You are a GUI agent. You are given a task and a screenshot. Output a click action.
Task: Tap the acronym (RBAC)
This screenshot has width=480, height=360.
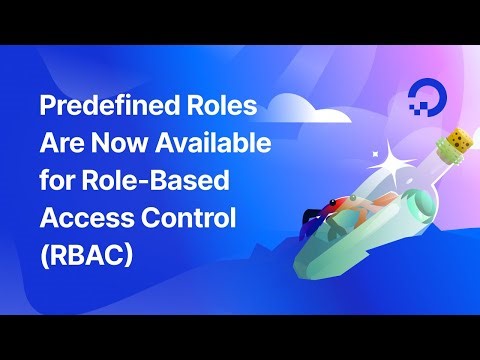(x=85, y=254)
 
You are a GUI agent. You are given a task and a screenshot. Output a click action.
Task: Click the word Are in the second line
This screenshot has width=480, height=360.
(x=61, y=146)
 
